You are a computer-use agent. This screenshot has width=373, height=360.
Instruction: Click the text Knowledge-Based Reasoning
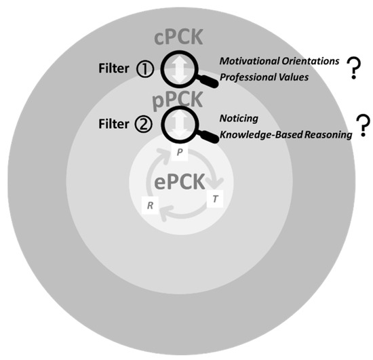coord(286,134)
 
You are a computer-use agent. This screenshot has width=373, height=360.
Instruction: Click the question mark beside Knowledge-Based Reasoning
coord(364,124)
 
